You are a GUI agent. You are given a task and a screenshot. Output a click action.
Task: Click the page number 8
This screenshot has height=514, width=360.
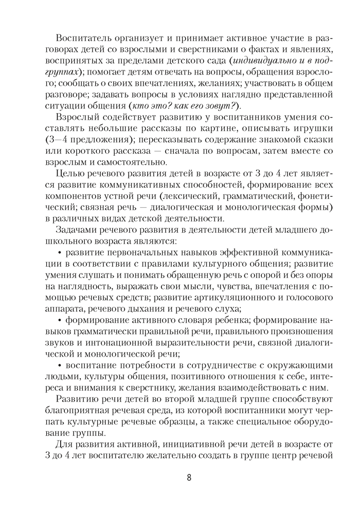point(189,477)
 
